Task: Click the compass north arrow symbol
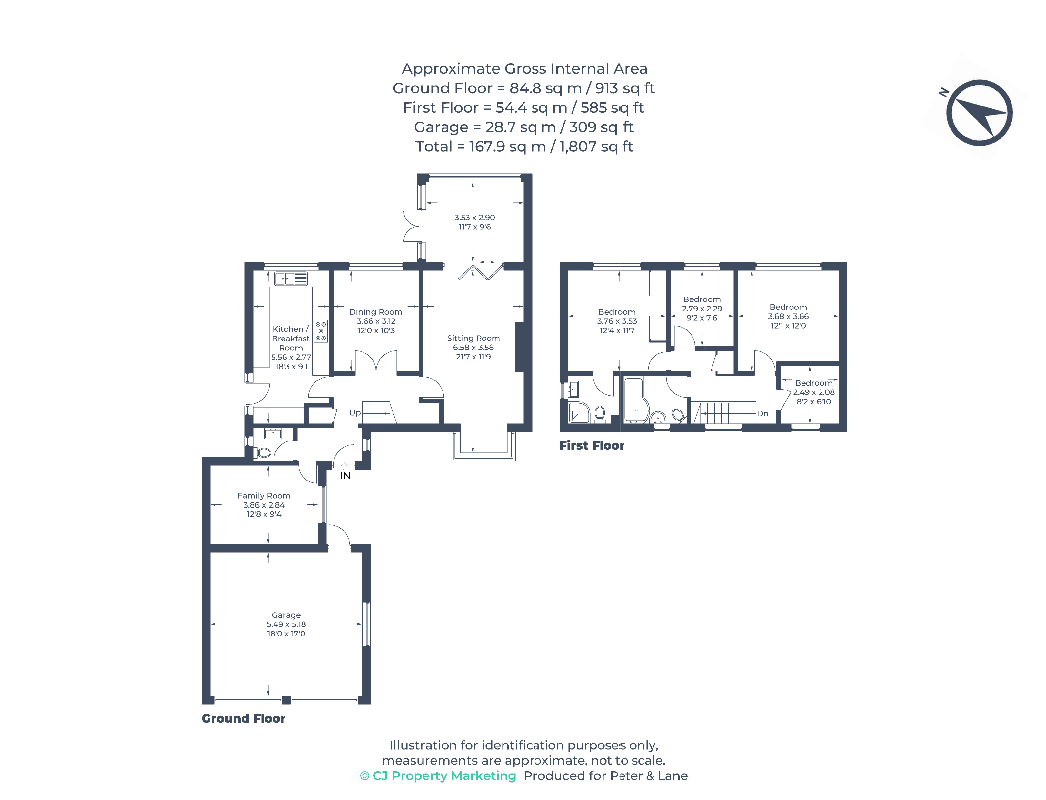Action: (979, 113)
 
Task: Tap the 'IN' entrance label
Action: (345, 476)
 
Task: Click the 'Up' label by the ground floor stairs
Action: (355, 413)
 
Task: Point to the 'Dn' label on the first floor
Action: (762, 413)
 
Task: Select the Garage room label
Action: (286, 615)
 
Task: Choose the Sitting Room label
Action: (473, 338)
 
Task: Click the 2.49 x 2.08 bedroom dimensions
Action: (813, 392)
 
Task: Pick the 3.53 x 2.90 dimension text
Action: (474, 218)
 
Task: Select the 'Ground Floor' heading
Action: (243, 719)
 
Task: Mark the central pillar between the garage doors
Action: (286, 700)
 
